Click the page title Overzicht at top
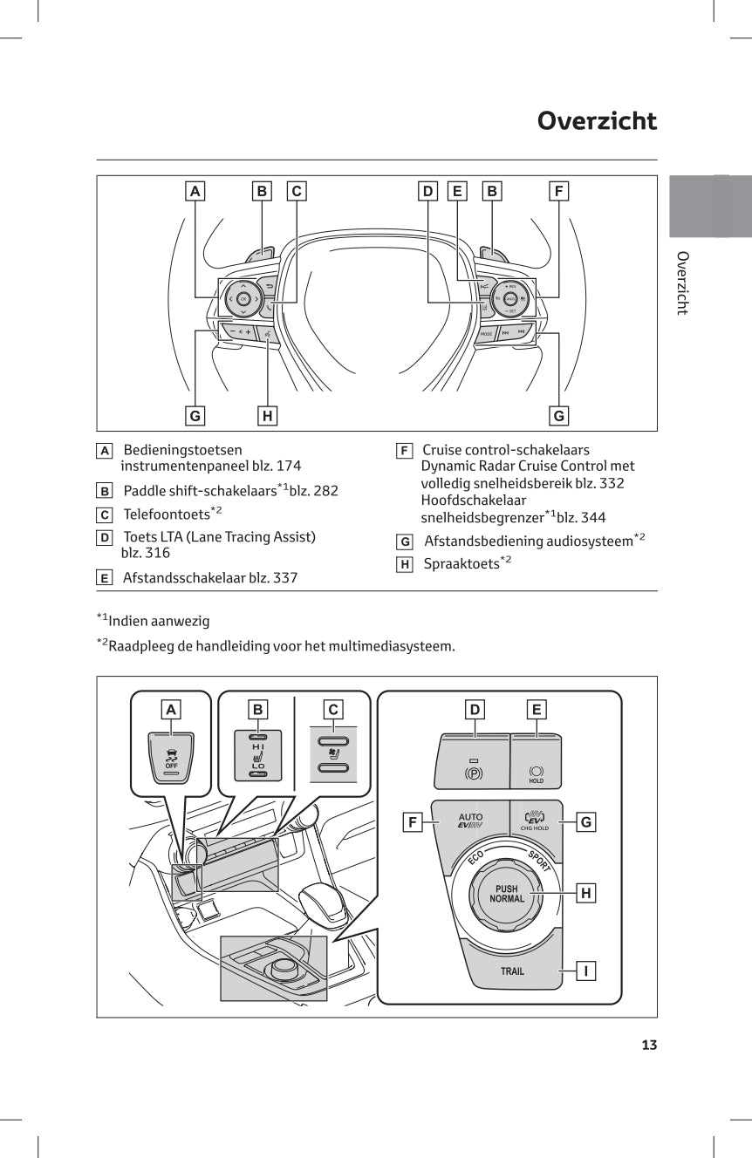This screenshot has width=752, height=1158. [597, 120]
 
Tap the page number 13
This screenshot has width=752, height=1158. [648, 1045]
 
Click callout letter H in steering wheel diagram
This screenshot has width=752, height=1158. [268, 416]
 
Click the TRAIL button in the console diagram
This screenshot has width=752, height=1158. [512, 971]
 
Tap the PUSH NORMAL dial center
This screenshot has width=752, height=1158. [507, 894]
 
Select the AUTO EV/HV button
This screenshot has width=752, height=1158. [469, 821]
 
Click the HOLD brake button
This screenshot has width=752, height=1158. [536, 773]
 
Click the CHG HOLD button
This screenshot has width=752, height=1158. [534, 821]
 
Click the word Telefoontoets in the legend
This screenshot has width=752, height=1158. [166, 514]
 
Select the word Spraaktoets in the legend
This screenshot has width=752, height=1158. [461, 564]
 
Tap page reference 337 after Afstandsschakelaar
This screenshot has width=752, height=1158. [284, 577]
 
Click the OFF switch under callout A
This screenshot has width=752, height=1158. [171, 758]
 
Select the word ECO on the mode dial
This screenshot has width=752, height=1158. [475, 858]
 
